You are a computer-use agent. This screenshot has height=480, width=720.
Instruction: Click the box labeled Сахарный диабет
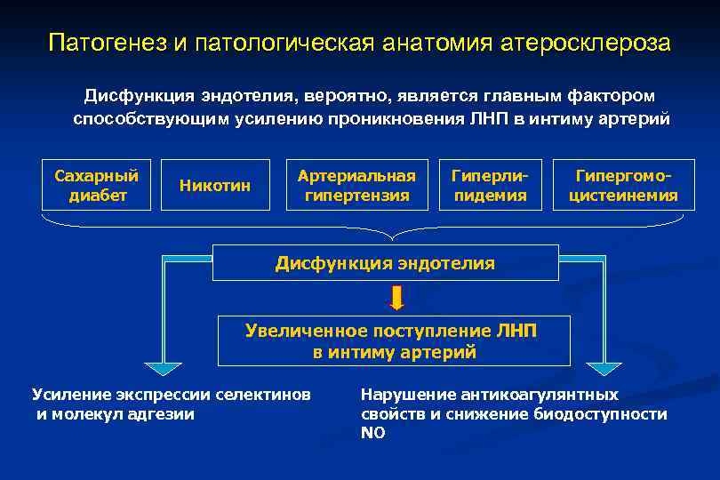click(97, 185)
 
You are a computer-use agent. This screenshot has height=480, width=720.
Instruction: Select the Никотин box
click(214, 185)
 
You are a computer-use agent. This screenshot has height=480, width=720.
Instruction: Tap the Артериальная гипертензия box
click(356, 185)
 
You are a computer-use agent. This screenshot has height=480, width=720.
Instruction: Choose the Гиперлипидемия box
click(490, 185)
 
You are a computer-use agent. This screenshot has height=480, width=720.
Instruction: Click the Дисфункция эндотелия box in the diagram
click(385, 263)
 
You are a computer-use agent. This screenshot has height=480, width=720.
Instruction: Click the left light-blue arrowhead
click(163, 368)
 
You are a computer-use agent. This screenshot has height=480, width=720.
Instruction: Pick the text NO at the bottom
click(372, 433)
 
